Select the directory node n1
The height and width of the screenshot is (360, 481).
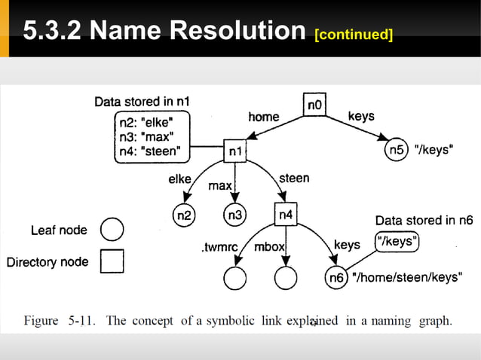[234, 151]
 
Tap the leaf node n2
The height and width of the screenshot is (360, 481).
[183, 215]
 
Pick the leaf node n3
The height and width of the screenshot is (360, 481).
[235, 215]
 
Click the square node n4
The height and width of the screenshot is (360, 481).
[286, 215]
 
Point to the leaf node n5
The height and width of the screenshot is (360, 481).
[397, 150]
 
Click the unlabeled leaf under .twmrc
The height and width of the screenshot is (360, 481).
[234, 278]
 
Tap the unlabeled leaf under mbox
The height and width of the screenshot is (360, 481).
[286, 278]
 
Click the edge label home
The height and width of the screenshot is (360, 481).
[263, 117]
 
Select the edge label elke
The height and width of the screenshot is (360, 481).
[179, 179]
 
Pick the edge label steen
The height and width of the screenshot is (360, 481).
[294, 178]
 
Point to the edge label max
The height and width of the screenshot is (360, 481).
[219, 185]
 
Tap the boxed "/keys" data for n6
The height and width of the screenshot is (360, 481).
[397, 242]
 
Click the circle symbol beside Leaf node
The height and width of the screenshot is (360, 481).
[112, 230]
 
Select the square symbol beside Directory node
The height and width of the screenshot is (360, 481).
[112, 261]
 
